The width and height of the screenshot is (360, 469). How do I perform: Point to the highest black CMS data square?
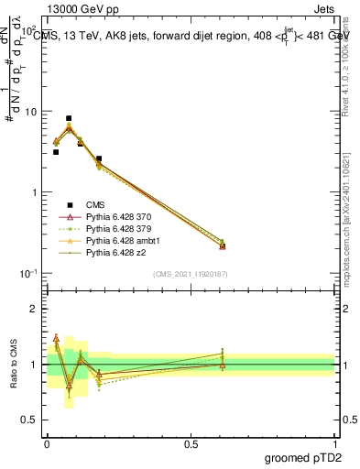(69, 118)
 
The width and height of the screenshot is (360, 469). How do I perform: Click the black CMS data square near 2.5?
(99, 158)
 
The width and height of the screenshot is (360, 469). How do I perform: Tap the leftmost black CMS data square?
(56, 152)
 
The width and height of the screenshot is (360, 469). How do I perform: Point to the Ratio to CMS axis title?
(13, 364)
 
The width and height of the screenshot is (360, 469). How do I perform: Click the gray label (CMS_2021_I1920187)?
(191, 274)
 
